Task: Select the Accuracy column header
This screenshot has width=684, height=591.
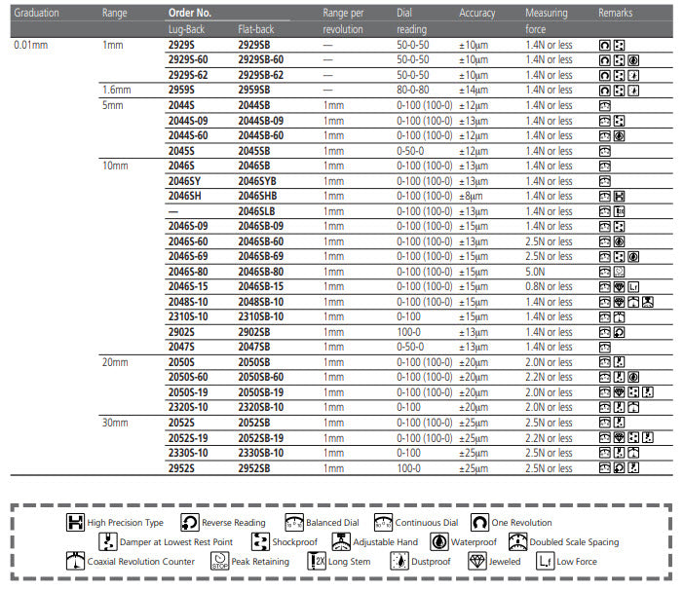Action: click(x=476, y=14)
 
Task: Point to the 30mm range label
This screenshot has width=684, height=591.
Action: click(x=115, y=423)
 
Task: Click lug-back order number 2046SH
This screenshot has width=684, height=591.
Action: click(x=185, y=196)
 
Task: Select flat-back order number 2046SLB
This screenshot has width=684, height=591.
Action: click(x=258, y=211)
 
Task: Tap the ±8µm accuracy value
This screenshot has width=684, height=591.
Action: click(x=472, y=196)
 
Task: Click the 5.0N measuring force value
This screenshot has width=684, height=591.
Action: click(x=536, y=272)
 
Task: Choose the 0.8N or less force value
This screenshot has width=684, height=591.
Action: click(x=549, y=286)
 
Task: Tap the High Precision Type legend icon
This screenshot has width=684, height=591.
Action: click(x=74, y=523)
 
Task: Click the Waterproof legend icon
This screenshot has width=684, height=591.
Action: click(x=440, y=541)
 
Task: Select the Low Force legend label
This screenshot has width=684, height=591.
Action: click(x=578, y=562)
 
